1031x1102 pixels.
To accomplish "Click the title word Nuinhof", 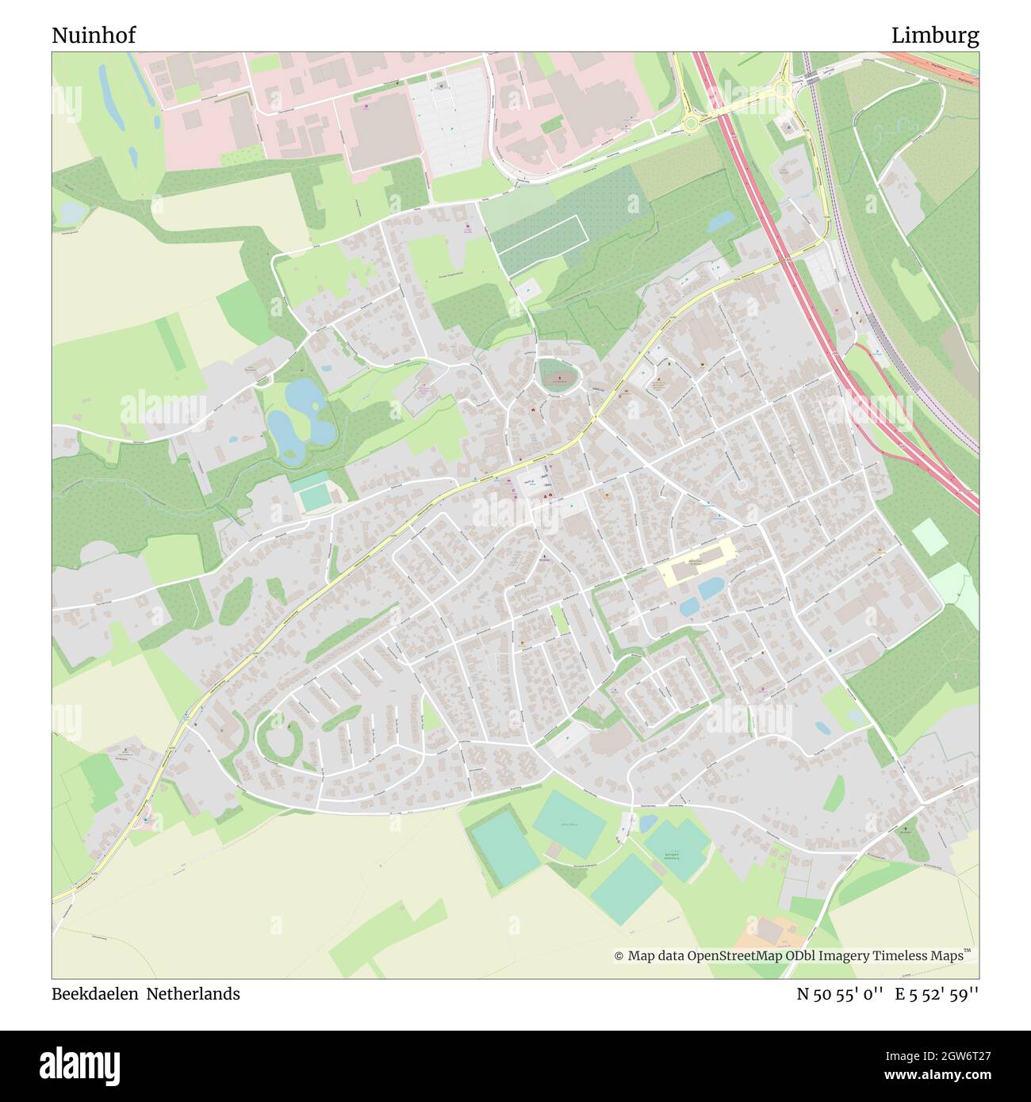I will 94,36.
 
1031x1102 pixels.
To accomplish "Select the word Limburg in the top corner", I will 934,36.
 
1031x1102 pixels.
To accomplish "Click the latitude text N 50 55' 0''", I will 840,993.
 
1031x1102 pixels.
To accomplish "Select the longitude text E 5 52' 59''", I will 937,993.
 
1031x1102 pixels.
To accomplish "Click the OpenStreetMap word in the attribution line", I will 736,956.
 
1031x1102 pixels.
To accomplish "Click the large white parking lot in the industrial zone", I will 448,119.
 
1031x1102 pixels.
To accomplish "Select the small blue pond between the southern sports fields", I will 648,824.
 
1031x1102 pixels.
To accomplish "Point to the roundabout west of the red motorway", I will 691,122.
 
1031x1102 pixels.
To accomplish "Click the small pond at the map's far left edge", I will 69,212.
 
